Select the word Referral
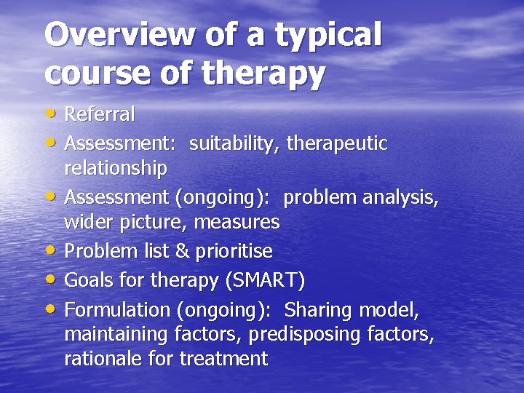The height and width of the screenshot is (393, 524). pos(100,114)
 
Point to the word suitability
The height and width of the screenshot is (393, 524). pos(234,144)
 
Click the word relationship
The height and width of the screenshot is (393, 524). pos(116,169)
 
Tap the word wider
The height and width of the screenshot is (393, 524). pos(87,221)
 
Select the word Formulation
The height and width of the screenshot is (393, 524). pos(117,309)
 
